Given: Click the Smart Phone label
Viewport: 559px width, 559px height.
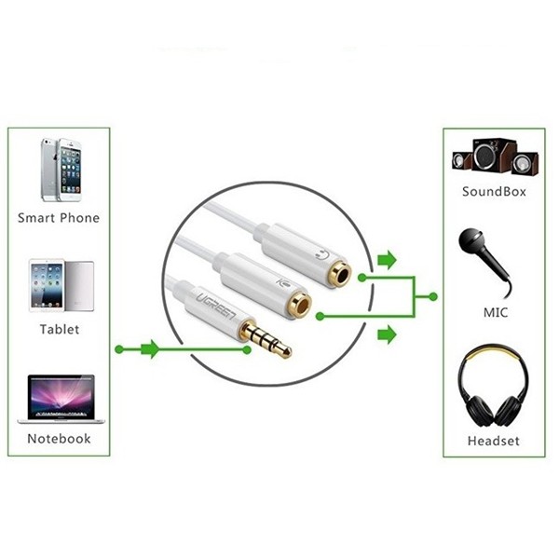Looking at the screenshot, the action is (x=59, y=218).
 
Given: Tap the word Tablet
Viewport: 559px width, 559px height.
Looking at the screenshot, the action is (x=60, y=329).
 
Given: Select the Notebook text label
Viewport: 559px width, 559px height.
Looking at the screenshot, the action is (x=60, y=439).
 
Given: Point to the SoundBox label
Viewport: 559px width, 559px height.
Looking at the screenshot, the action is (x=494, y=192).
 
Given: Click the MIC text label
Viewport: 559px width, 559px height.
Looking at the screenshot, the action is (x=496, y=313).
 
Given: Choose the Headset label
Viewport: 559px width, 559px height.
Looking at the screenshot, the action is (x=494, y=441).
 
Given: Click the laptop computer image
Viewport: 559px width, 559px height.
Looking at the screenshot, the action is (x=61, y=400).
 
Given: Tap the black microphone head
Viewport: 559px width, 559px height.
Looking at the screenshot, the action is (x=471, y=240).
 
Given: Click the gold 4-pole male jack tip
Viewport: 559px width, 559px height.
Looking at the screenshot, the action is (x=266, y=339).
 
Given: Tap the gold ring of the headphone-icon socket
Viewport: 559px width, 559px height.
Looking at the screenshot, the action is (x=340, y=274).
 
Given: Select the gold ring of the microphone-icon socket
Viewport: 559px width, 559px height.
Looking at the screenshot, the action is (x=300, y=304).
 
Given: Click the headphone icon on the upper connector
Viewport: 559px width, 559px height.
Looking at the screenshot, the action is (x=322, y=254).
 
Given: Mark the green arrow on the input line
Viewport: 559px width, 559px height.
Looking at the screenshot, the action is (x=150, y=349).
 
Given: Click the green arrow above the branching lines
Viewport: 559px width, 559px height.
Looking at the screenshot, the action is (x=388, y=260).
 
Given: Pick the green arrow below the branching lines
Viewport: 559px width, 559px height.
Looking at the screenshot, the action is (x=388, y=334).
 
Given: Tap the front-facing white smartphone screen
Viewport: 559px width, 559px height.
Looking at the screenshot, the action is (x=70, y=171).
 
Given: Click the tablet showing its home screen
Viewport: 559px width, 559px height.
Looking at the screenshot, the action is (x=47, y=286).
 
